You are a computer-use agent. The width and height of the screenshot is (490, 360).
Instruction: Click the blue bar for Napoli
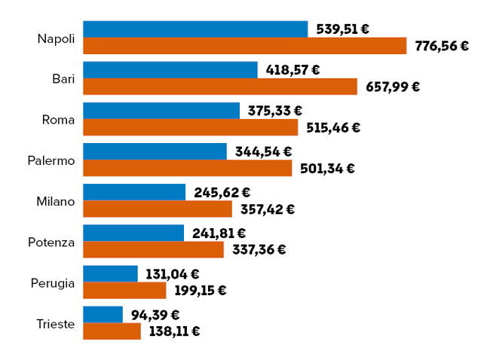[195, 29]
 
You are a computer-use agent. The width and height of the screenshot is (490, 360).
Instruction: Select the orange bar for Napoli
[244, 46]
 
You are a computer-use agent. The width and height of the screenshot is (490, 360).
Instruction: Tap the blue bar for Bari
[170, 70]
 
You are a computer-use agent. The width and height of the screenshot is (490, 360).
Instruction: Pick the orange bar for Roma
[190, 127]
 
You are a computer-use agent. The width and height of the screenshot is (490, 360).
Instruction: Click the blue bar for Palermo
[155, 151]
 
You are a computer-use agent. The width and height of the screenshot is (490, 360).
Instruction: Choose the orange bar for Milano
[157, 209]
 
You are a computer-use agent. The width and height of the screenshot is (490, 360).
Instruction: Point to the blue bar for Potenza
[133, 233]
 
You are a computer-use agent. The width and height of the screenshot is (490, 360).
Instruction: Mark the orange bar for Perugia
[124, 290]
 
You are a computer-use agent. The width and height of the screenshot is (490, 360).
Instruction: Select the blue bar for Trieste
[103, 314]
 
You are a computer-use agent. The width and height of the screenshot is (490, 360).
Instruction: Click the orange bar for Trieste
[112, 331]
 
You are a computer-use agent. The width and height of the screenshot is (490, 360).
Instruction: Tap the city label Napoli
[56, 38]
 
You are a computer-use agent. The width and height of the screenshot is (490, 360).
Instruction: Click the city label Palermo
[51, 160]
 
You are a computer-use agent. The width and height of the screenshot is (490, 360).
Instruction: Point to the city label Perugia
[53, 283]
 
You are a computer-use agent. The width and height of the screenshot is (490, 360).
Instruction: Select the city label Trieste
[55, 324]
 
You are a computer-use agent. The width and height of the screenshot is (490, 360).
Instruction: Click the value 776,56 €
[442, 46]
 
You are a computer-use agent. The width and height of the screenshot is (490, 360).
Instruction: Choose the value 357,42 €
[267, 209]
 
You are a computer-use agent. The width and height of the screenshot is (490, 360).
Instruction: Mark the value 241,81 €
[219, 233]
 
